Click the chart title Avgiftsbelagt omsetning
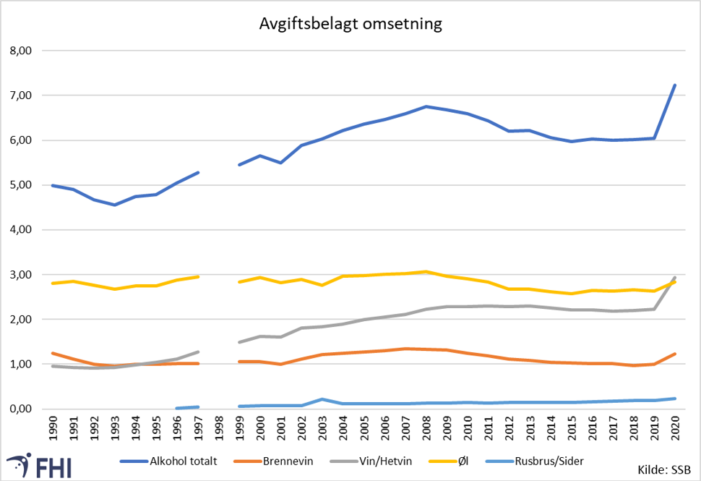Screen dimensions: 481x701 [350, 24]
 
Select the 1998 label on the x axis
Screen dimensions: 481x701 [219, 429]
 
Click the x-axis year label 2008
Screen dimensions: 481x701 [426, 429]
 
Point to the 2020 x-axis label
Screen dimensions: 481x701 [675, 429]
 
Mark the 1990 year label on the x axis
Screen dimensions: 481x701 [53, 429]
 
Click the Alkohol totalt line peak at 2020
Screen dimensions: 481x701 [675, 85]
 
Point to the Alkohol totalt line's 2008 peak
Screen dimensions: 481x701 [426, 106]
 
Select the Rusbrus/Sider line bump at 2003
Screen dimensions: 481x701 [322, 399]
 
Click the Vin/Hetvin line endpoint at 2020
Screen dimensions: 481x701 [675, 277]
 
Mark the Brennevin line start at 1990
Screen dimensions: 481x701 [53, 353]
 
